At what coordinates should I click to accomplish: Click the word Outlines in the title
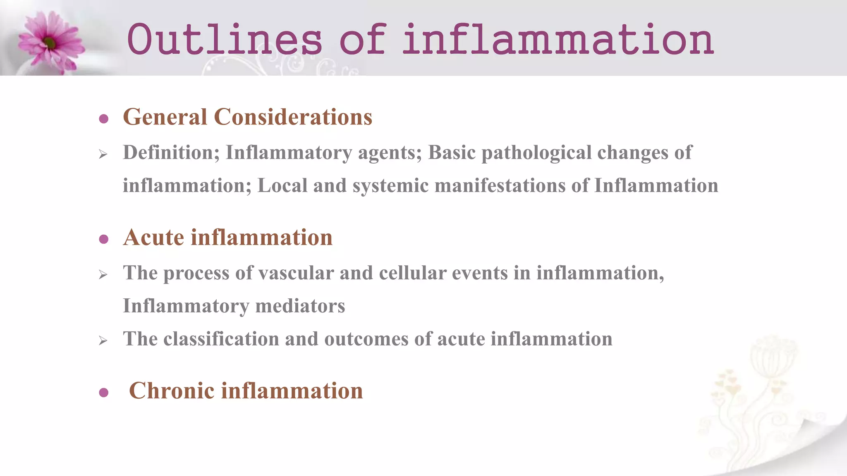[224, 40]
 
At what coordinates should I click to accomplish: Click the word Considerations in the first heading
[293, 117]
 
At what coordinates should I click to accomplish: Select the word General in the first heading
[165, 117]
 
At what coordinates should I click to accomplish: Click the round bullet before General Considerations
[104, 119]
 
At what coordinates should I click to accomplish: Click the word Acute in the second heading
[153, 238]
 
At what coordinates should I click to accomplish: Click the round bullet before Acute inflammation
[104, 239]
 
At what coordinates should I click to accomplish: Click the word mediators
[300, 306]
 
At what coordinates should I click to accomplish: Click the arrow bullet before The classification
[103, 341]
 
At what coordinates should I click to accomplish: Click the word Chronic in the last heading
[172, 391]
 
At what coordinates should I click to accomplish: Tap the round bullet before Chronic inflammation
[104, 393]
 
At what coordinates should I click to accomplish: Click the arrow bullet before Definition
[103, 155]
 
